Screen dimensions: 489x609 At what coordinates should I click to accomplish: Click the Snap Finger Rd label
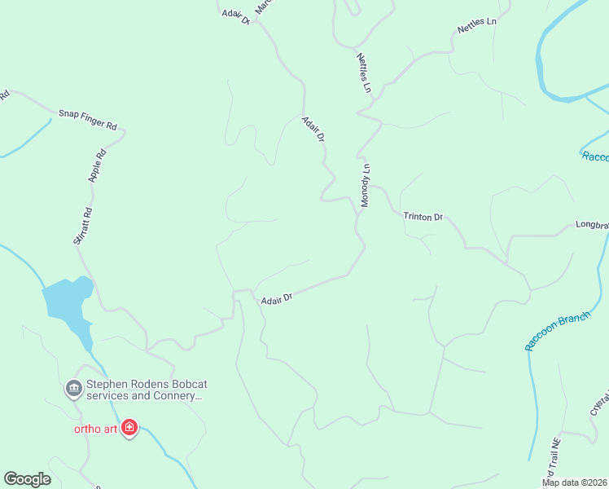tap(88, 120)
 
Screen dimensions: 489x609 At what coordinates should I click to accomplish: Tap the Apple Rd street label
tap(98, 165)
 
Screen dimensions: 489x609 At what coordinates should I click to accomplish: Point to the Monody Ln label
tap(366, 185)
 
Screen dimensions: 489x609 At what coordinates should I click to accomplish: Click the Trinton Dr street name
tap(423, 217)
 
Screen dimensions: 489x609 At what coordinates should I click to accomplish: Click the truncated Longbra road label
tap(592, 224)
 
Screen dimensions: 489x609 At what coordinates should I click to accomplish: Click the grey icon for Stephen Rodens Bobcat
tap(73, 389)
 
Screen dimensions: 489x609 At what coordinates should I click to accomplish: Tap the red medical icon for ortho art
tap(129, 428)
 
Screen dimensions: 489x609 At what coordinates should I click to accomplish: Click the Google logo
tap(27, 479)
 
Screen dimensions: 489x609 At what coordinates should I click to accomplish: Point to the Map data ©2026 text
tap(574, 482)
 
